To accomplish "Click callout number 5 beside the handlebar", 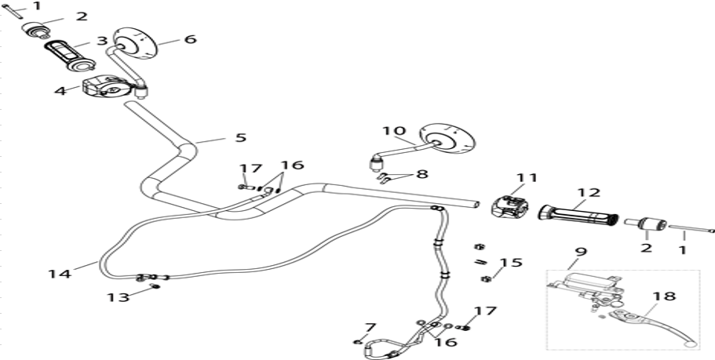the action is click(x=240, y=137).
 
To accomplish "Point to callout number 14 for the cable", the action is click(x=60, y=274).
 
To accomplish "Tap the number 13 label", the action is click(x=118, y=297).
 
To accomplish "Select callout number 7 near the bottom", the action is click(x=370, y=327).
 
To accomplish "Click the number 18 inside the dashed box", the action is click(x=664, y=296).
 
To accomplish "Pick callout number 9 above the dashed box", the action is click(x=581, y=252).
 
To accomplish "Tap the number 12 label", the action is click(x=589, y=192).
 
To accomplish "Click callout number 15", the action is click(x=511, y=263).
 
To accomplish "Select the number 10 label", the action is click(x=394, y=131).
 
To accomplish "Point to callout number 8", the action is click(x=422, y=174).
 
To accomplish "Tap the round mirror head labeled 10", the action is click(x=447, y=137).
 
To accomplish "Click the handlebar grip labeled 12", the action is click(x=578, y=215).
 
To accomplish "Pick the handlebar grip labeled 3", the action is click(x=70, y=56).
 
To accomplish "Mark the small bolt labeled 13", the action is click(x=155, y=285).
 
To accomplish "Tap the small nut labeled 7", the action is click(x=358, y=342).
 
